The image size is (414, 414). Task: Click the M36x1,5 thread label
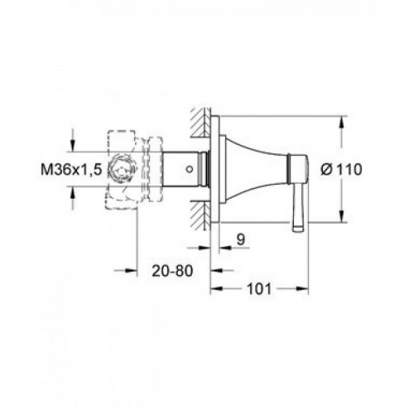click(x=71, y=169)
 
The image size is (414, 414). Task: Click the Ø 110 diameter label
click(x=341, y=169)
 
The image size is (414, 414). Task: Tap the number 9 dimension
click(x=241, y=239)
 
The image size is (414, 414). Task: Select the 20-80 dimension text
click(x=172, y=271)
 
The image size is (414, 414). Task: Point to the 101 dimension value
click(x=259, y=289)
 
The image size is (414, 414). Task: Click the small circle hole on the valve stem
click(x=189, y=169)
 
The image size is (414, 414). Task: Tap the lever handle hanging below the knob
click(x=299, y=208)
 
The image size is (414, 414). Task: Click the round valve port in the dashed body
click(x=122, y=169)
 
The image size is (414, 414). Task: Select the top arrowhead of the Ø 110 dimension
click(x=342, y=123)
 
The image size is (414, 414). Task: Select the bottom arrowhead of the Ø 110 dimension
click(x=342, y=216)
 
